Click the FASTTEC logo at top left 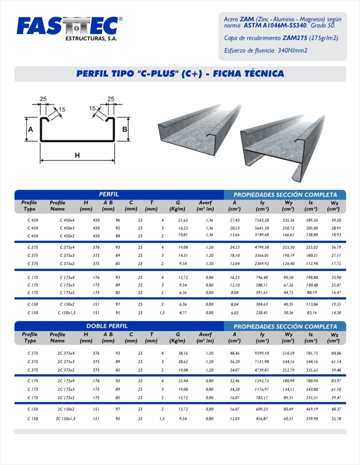pyautogui.click(x=67, y=26)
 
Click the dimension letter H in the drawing pyautogui.click(x=77, y=156)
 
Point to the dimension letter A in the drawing pyautogui.click(x=31, y=130)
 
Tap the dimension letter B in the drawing pyautogui.click(x=125, y=130)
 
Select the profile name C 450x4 pyautogui.click(x=67, y=220)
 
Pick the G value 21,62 pyautogui.click(x=183, y=220)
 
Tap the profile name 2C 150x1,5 pyautogui.click(x=66, y=419)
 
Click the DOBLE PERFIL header pyautogui.click(x=107, y=326)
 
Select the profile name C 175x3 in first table pyautogui.click(x=67, y=285)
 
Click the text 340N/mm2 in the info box pyautogui.click(x=293, y=50)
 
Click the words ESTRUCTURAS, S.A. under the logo pyautogui.click(x=91, y=39)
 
